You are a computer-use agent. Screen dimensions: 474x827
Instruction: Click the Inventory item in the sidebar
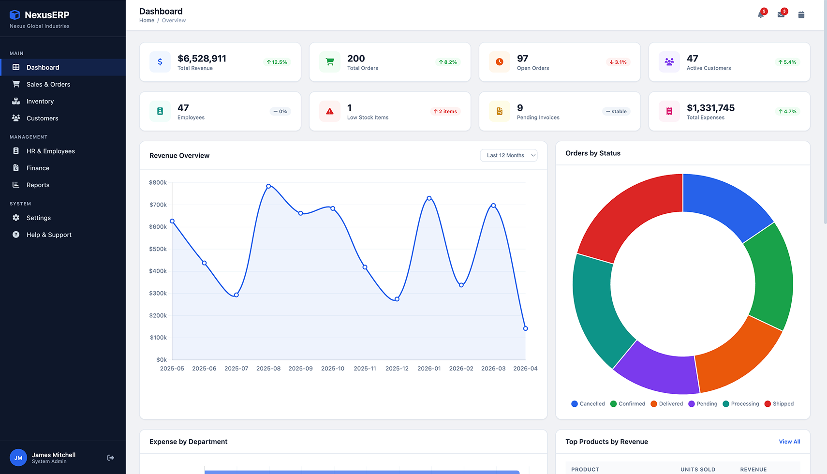click(40, 101)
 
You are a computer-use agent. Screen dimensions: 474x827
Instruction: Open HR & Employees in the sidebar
click(50, 151)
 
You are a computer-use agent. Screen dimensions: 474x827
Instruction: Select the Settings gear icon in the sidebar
click(16, 218)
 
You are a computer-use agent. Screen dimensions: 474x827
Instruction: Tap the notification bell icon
click(761, 15)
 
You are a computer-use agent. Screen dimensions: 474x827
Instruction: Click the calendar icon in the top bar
click(801, 15)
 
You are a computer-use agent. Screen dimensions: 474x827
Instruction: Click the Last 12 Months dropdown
click(509, 155)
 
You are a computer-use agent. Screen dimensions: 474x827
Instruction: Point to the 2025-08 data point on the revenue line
click(268, 186)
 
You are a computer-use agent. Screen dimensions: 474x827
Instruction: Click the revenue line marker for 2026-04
click(526, 328)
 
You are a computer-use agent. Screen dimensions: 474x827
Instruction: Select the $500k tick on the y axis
click(158, 249)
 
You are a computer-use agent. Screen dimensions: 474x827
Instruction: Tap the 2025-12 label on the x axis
click(397, 369)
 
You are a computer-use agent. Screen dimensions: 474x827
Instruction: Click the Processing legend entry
click(741, 404)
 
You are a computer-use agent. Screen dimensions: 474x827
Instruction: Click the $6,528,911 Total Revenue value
click(202, 59)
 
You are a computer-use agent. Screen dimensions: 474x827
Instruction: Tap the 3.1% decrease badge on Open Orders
click(618, 62)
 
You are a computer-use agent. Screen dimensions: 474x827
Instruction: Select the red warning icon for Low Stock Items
click(330, 111)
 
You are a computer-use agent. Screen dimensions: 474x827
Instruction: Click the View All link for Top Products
click(789, 442)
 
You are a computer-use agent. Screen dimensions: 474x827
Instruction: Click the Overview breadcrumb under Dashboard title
click(174, 21)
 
